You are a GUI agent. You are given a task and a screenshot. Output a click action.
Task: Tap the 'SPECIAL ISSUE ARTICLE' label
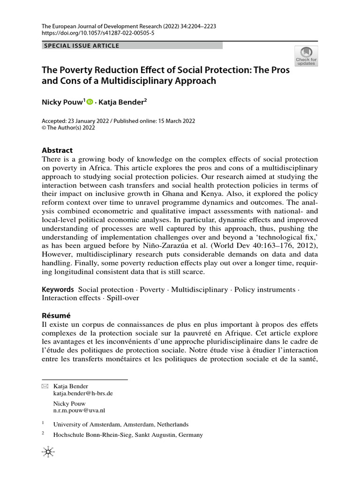81,45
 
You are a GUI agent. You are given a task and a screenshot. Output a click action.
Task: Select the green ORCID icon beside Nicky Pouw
90,101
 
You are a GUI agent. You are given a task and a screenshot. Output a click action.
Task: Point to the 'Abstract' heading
57,150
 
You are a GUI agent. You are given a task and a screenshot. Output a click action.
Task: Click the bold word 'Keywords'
58,290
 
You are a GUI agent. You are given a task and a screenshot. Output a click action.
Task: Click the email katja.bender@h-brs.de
83,394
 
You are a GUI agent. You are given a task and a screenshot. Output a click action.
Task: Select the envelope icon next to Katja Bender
45,386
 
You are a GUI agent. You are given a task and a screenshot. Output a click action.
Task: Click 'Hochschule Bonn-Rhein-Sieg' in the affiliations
93,435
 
